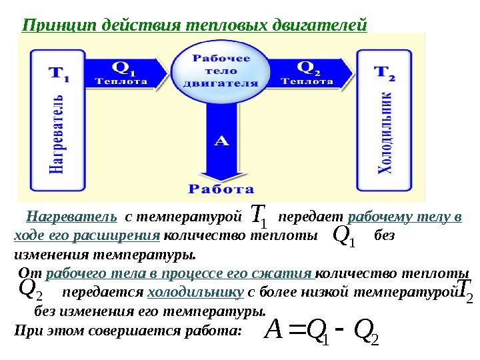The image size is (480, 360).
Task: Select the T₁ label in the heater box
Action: click(57, 74)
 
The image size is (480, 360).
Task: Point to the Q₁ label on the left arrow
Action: click(122, 67)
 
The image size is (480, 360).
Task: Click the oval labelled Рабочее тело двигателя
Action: click(221, 71)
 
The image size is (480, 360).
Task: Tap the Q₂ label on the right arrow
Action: click(307, 67)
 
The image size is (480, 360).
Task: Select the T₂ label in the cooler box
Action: click(384, 74)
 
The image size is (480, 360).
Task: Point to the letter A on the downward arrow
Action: click(221, 141)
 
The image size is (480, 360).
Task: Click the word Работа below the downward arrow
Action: click(221, 189)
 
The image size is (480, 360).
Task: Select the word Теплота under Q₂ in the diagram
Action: click(308, 81)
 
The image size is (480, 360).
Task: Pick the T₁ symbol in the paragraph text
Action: click(259, 216)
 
